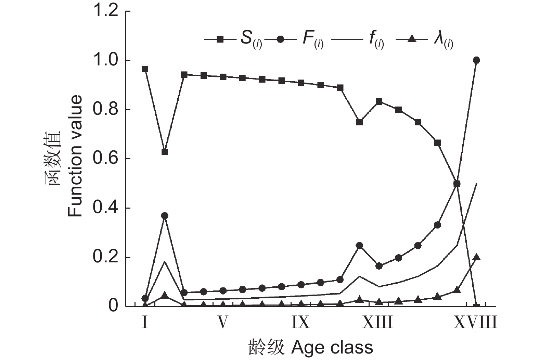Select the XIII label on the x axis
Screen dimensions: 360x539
[378, 322]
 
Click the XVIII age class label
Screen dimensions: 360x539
[475, 322]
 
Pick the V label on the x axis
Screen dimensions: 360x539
[223, 322]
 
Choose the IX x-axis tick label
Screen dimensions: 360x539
[300, 322]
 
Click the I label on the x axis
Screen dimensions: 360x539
[145, 322]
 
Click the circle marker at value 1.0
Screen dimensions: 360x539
[476, 60]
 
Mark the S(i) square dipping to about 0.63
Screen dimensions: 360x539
[165, 152]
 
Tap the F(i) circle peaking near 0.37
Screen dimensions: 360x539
[165, 215]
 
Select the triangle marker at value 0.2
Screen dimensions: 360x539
[476, 257]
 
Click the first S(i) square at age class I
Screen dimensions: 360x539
[145, 69]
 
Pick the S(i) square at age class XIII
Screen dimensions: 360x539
[379, 101]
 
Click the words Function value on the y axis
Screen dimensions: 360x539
[75, 156]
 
